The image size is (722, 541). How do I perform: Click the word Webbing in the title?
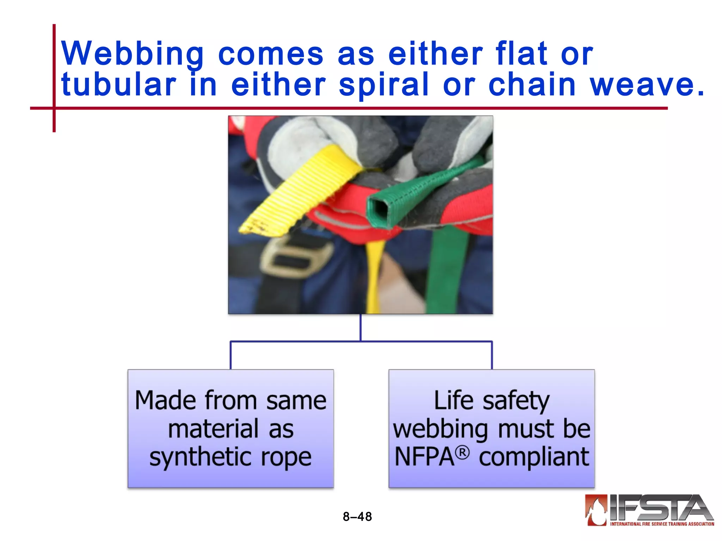coord(132,54)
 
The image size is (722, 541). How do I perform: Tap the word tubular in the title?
coord(118,85)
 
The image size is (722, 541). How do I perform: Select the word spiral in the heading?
coord(384,85)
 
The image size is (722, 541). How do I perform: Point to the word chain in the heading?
coord(532,85)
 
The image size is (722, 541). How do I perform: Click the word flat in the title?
coord(521,54)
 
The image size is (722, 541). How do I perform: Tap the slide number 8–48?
coord(357,517)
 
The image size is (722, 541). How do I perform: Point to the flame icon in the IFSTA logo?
coord(596,510)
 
